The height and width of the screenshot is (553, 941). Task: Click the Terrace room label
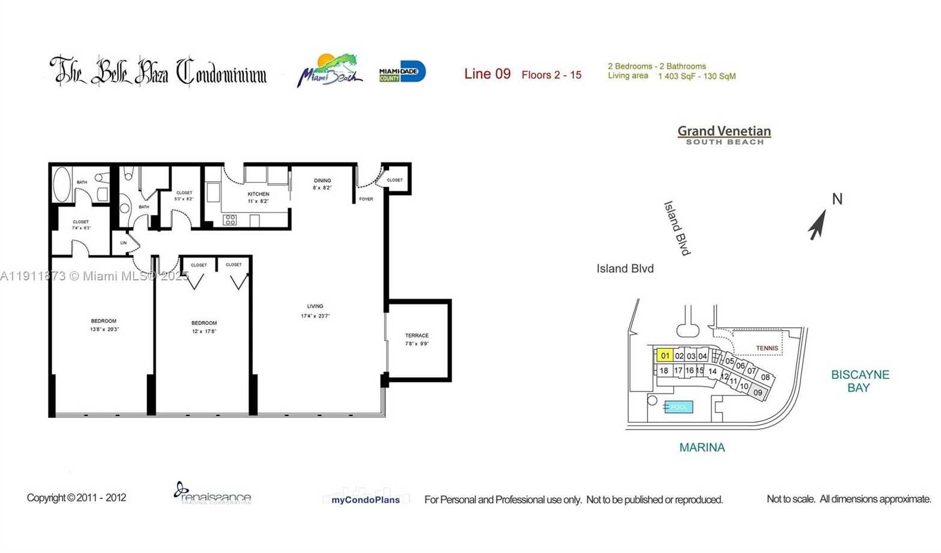416,336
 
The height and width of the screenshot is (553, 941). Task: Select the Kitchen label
259,194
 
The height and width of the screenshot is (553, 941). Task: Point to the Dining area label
322,181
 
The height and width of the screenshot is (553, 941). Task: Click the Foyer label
365,199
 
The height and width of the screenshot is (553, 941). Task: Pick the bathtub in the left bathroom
62,184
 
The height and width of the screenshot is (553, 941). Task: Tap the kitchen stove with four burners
230,220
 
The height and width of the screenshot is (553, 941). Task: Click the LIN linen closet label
124,243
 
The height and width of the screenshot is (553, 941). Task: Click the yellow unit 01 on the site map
664,355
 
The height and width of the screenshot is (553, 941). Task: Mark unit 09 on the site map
758,393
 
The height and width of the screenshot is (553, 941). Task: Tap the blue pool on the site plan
679,407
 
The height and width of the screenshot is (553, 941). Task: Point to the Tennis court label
766,348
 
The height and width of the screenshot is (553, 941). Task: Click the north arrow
817,225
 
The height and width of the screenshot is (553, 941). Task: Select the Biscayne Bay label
859,381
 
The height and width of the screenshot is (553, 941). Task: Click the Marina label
702,447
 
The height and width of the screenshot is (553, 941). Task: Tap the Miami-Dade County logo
402,72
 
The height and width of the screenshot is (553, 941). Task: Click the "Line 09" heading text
487,74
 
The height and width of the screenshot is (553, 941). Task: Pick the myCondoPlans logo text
365,500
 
